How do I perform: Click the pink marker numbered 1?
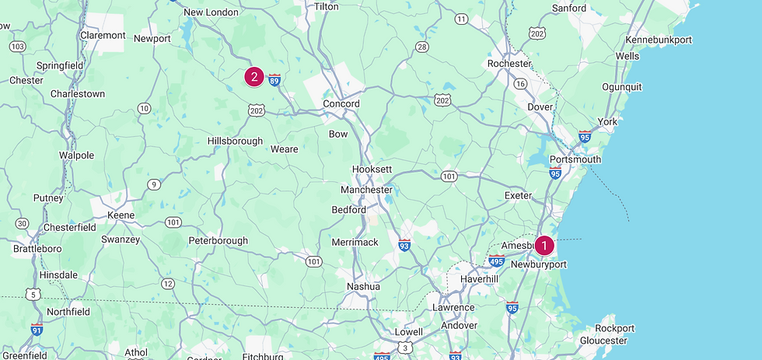click(544, 246)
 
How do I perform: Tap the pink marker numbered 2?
click(254, 76)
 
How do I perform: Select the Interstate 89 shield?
click(274, 79)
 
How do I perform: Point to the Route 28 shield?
click(422, 47)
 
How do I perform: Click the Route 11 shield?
click(462, 19)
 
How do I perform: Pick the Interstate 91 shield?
click(37, 329)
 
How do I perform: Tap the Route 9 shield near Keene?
click(155, 184)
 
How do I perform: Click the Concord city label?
click(341, 103)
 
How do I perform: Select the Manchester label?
click(366, 190)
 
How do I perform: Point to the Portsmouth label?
click(575, 159)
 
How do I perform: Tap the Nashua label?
click(363, 286)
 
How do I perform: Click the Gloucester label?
click(603, 341)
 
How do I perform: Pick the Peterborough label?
click(218, 241)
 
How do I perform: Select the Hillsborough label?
click(236, 141)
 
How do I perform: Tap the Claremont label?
click(103, 35)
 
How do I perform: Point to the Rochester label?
click(509, 64)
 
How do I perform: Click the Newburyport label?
click(539, 264)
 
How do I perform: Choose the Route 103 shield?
click(17, 47)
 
